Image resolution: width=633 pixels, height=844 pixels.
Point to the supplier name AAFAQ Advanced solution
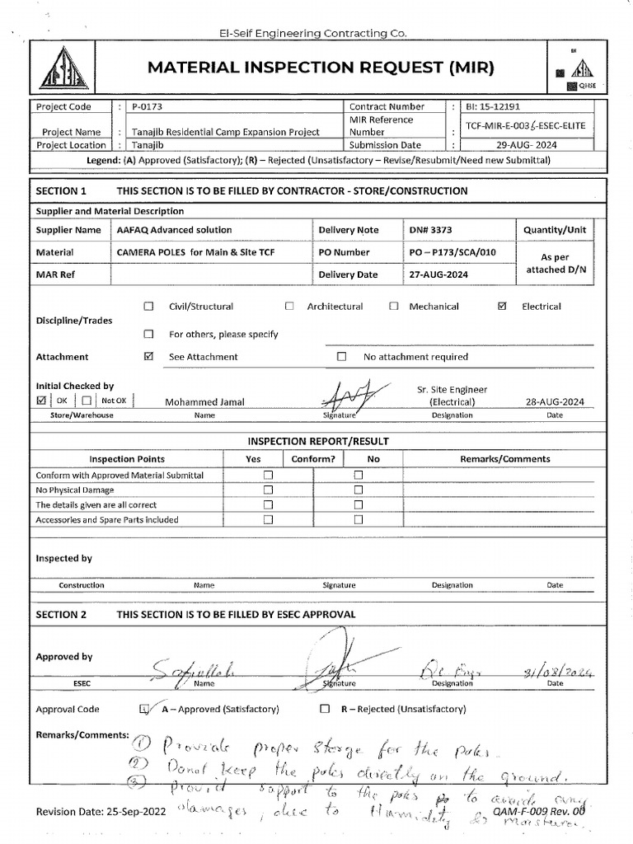tap(175, 230)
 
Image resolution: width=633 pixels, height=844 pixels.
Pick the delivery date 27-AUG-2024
tap(438, 274)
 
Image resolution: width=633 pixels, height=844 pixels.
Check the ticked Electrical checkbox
tap(503, 307)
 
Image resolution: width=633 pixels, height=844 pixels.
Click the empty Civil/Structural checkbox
tap(149, 307)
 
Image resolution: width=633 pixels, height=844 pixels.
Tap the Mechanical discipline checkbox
tap(394, 307)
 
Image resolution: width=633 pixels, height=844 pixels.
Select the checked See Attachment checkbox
tap(149, 357)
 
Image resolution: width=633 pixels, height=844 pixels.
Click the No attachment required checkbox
tap(342, 357)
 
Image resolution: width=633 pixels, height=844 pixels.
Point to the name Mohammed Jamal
tap(204, 402)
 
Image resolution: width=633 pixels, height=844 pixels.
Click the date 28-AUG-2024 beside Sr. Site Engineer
tap(555, 402)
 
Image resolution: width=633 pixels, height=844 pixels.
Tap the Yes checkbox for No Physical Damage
tap(268, 490)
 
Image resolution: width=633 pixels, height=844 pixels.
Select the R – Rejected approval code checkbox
tap(325, 709)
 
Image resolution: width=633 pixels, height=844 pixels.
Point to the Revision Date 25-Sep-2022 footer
tap(101, 812)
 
